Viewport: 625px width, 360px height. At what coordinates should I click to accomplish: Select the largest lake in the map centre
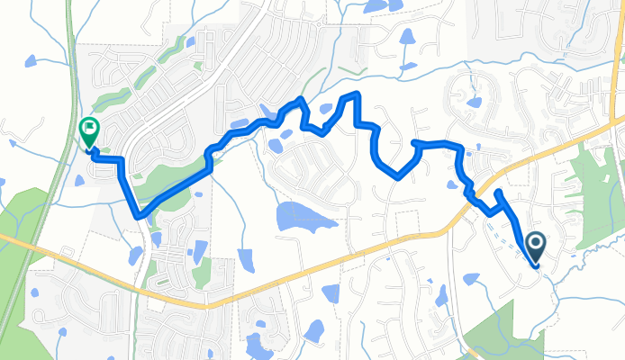300,216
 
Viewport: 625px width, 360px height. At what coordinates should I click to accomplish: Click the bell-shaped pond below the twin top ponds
408,37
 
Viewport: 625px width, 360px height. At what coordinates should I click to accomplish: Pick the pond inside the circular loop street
474,100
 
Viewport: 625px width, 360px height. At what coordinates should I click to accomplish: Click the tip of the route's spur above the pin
499,192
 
